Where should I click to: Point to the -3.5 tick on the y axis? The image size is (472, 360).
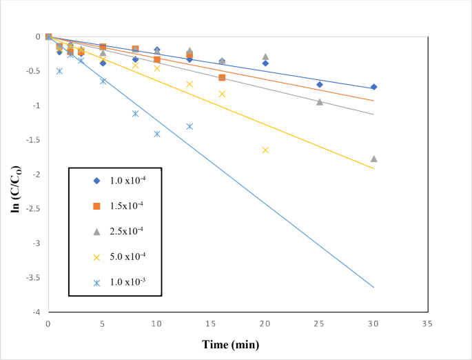click(x=33, y=278)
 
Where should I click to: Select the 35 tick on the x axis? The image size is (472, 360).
click(x=428, y=323)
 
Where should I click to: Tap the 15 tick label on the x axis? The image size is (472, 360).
click(x=210, y=323)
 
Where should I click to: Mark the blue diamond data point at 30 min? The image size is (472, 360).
click(x=373, y=87)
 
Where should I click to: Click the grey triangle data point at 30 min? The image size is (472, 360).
click(x=373, y=159)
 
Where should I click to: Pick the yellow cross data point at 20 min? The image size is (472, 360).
click(x=265, y=150)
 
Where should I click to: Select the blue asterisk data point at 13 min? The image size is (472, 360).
click(x=189, y=126)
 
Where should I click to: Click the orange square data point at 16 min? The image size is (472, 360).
click(x=222, y=77)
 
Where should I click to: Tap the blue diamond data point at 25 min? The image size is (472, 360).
click(x=320, y=84)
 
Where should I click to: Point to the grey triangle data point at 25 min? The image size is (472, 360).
click(x=320, y=101)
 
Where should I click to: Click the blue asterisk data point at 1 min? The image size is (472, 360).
click(x=59, y=71)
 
